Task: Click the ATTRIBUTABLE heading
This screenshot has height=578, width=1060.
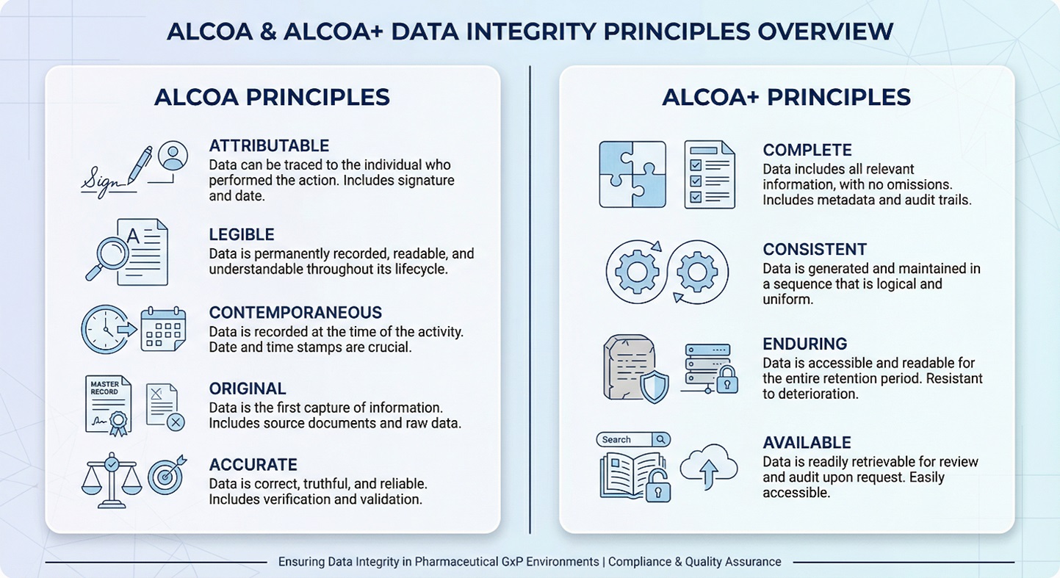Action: click(x=269, y=145)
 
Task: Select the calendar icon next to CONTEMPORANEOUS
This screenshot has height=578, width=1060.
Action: click(x=163, y=330)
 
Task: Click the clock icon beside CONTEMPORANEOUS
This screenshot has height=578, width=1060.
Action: click(x=104, y=329)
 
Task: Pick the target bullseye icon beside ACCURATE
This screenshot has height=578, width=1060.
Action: click(x=166, y=477)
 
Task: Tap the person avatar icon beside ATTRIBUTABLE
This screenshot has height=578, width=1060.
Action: click(x=173, y=156)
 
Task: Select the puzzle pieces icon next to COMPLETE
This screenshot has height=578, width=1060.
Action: click(x=632, y=174)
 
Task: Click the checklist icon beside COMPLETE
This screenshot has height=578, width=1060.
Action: click(x=709, y=174)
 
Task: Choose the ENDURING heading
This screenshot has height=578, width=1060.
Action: click(x=804, y=344)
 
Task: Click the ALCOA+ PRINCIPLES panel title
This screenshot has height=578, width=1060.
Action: click(x=786, y=98)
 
